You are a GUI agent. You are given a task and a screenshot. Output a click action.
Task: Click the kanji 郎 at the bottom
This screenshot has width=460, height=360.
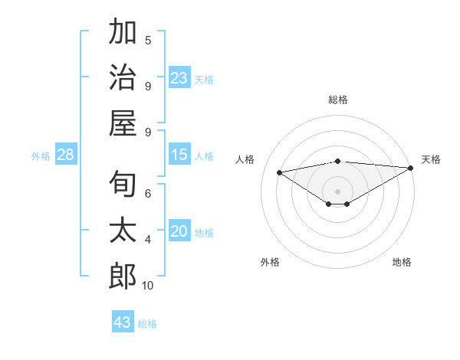point(123,276)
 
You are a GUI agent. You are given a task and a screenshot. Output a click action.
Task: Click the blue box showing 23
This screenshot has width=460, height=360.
point(179,78)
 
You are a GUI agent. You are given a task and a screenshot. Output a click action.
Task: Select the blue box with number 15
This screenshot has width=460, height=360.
point(179,155)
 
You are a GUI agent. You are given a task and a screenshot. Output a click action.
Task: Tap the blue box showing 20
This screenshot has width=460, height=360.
point(179,232)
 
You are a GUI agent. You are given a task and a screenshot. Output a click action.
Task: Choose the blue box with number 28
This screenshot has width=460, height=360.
point(66,155)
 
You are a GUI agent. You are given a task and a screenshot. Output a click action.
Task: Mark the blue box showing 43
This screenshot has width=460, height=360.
point(123,322)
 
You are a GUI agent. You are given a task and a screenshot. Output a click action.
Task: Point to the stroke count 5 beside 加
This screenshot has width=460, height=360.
point(148,40)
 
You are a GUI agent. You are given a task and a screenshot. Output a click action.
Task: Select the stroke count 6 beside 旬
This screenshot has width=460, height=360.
point(148,194)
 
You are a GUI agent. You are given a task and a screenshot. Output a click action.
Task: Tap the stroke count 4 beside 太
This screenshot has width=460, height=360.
point(148,240)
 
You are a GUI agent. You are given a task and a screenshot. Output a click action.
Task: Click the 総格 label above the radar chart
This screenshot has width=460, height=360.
point(337,100)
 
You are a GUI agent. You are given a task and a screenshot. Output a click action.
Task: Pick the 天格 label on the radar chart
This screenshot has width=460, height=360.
point(431,159)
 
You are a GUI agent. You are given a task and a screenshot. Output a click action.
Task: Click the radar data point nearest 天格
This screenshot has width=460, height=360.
point(411,168)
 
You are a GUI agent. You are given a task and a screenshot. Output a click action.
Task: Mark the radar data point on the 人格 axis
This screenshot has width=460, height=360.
point(279,172)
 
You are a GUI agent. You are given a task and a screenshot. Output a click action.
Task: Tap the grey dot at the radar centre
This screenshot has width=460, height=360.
point(337,190)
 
